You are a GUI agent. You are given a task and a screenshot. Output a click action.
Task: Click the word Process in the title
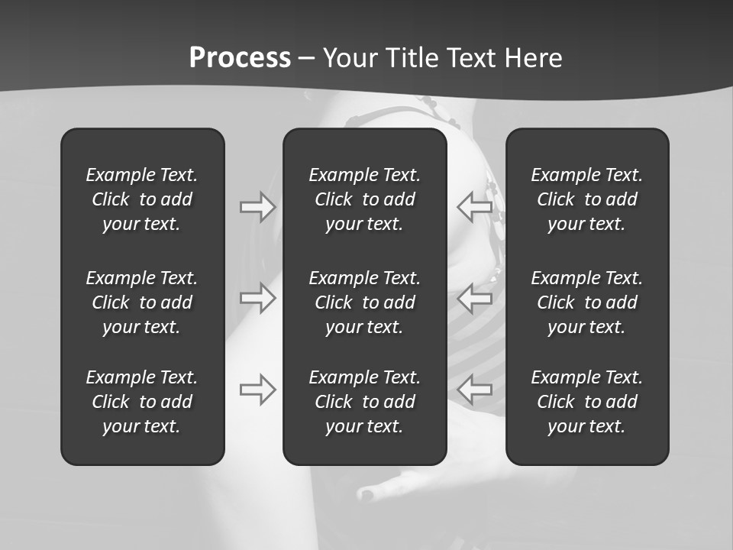pyautogui.click(x=240, y=58)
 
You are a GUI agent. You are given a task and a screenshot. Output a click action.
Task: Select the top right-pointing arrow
pyautogui.click(x=258, y=207)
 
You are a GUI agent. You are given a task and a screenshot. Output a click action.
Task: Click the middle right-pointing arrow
pyautogui.click(x=258, y=297)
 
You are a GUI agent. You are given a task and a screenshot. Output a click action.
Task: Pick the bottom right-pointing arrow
pyautogui.click(x=258, y=390)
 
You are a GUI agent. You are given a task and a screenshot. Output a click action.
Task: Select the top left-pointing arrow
pyautogui.click(x=475, y=207)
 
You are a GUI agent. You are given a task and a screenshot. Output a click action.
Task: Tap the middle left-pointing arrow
pyautogui.click(x=475, y=297)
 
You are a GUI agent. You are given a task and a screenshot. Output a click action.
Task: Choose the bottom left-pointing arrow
pyautogui.click(x=475, y=390)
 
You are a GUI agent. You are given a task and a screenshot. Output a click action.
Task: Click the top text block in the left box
pyautogui.click(x=142, y=199)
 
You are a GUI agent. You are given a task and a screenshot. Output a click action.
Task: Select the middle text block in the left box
pyautogui.click(x=142, y=302)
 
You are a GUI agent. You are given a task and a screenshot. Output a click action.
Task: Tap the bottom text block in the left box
pyautogui.click(x=142, y=402)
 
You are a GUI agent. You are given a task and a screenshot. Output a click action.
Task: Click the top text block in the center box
pyautogui.click(x=364, y=199)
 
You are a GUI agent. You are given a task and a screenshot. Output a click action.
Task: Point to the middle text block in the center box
pyautogui.click(x=364, y=302)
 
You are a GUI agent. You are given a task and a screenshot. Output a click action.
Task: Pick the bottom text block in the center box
pyautogui.click(x=364, y=402)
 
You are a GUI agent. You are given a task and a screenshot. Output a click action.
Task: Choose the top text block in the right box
pyautogui.click(x=586, y=199)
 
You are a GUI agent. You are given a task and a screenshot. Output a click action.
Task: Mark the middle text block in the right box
pyautogui.click(x=586, y=302)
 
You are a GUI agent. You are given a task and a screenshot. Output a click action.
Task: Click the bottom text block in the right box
pyautogui.click(x=586, y=402)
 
